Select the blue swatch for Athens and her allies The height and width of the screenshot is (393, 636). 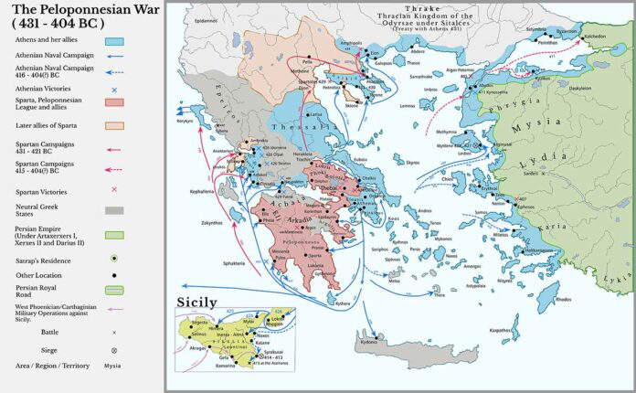coord(114,42)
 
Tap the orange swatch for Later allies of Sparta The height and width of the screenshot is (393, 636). coord(114,125)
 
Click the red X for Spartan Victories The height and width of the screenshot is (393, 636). coord(114,189)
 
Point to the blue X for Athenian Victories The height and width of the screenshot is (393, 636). coord(114,90)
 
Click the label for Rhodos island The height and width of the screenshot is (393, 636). coord(565,299)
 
